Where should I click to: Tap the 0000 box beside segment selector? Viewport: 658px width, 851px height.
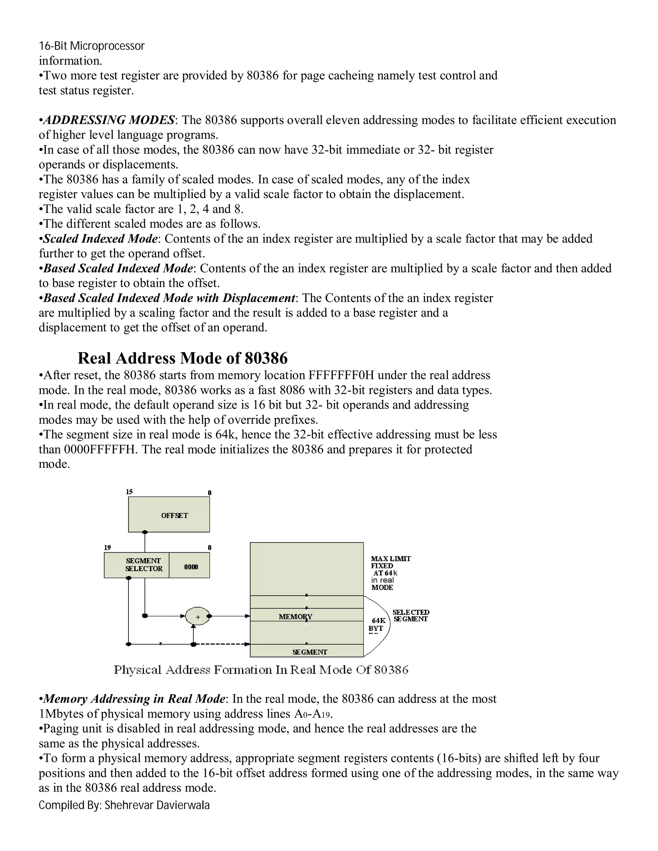pos(191,567)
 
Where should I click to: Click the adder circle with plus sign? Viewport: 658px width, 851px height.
pos(198,617)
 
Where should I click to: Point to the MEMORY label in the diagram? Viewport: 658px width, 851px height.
pos(295,617)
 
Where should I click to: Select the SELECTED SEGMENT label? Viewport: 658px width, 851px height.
pos(411,616)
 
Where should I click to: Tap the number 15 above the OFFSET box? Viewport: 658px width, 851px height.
pos(129,492)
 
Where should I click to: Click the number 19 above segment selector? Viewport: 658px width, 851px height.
pos(107,548)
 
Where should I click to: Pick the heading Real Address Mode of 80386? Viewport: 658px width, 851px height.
pos(182,358)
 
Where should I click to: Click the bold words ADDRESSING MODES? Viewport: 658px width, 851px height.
pos(109,120)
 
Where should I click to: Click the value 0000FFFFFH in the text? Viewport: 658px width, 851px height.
pos(101,449)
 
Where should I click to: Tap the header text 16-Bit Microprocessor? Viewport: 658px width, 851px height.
pos(92,46)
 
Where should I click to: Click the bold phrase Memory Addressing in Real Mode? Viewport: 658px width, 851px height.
pos(134,699)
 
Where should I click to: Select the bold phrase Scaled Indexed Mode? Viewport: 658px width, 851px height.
pos(101,239)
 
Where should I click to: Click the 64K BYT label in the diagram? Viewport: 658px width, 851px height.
pos(377,624)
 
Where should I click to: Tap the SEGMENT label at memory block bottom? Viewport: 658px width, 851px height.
pos(310,652)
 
